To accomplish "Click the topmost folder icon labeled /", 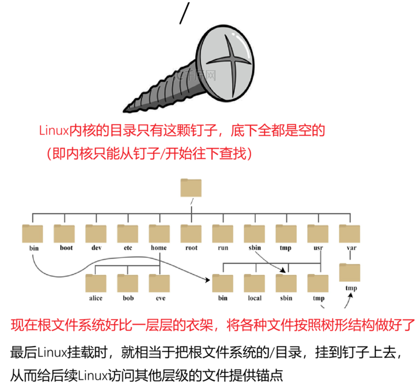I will [191, 188].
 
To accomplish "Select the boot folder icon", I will [64, 233].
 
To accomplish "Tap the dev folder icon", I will [96, 233].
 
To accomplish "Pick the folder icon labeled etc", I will [128, 233].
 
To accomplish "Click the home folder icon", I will [159, 233].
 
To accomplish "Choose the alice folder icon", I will [96, 283].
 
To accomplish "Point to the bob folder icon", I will [128, 283].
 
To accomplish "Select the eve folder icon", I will [159, 283].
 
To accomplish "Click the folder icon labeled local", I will [255, 283].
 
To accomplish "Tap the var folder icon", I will [350, 233].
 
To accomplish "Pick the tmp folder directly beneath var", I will [350, 273].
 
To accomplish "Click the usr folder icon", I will [318, 233].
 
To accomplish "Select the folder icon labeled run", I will [223, 233].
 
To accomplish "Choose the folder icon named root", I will [191, 233].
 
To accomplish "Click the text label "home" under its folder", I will [159, 248].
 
